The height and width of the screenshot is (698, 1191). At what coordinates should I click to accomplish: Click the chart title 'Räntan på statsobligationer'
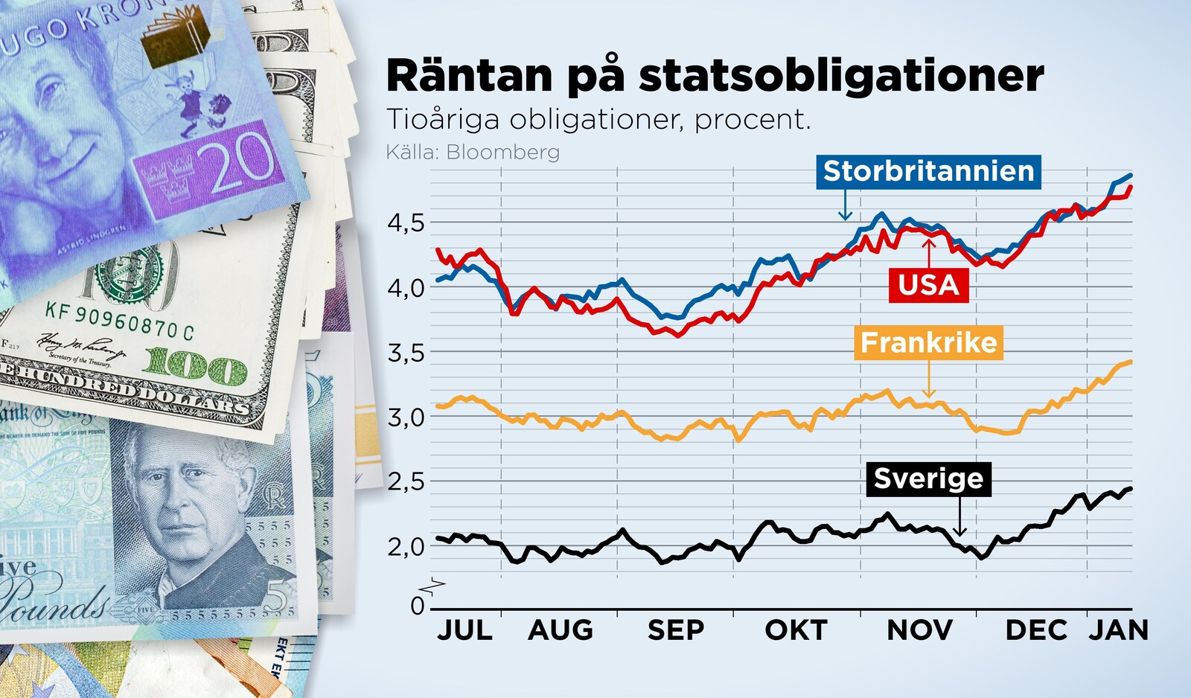(715, 76)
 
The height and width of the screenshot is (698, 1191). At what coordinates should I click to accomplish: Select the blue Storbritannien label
(928, 172)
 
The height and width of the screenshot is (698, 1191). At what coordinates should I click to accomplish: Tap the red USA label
(928, 285)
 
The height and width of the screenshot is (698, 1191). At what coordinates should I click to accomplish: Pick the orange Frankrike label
(928, 342)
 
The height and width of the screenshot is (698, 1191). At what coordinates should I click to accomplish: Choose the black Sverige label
(928, 478)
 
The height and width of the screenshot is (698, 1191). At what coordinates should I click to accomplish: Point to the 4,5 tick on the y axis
(406, 222)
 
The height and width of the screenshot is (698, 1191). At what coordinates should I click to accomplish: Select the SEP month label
(675, 631)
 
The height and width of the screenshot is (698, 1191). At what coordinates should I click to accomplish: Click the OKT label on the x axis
(796, 631)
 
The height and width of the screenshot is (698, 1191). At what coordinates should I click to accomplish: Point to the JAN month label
(1119, 631)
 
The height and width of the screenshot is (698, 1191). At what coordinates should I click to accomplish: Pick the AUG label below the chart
(560, 631)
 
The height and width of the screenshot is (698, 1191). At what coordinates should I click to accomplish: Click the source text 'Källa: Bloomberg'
(473, 153)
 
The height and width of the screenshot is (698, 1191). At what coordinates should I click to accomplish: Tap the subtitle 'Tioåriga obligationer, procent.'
(598, 120)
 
